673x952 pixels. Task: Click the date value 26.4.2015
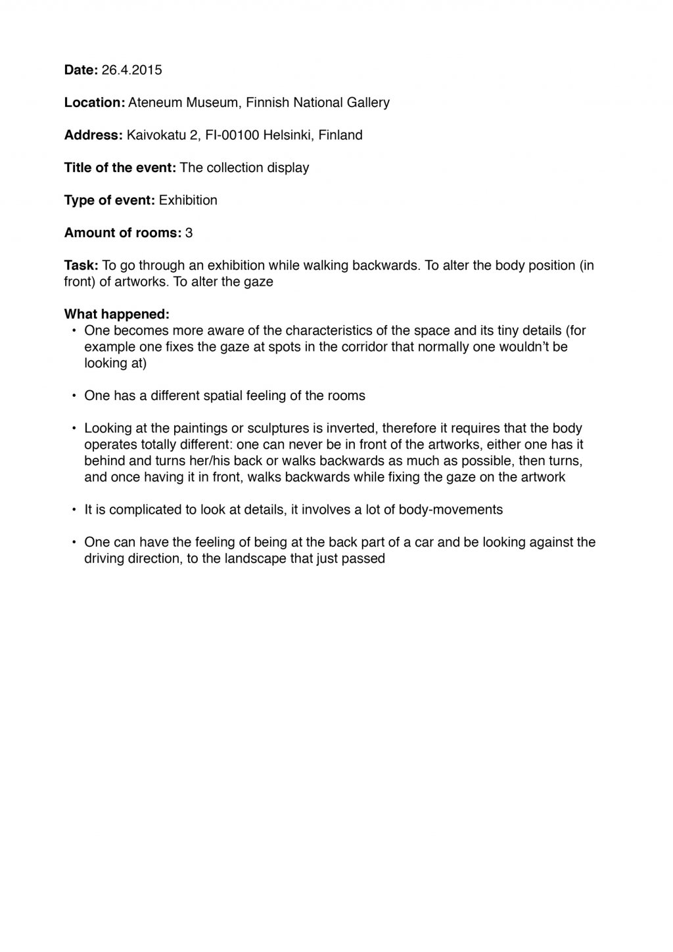(x=131, y=70)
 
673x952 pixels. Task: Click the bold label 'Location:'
(x=95, y=102)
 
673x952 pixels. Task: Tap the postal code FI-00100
(x=233, y=135)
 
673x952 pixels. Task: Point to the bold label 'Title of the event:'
(x=120, y=168)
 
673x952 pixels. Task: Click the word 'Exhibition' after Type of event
(x=188, y=200)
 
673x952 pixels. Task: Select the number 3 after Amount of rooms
(x=189, y=233)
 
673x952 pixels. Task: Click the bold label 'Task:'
(x=81, y=265)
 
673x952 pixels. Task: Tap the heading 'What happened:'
(x=117, y=315)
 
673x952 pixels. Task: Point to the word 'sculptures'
(x=281, y=428)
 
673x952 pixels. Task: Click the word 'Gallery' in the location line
(x=368, y=102)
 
